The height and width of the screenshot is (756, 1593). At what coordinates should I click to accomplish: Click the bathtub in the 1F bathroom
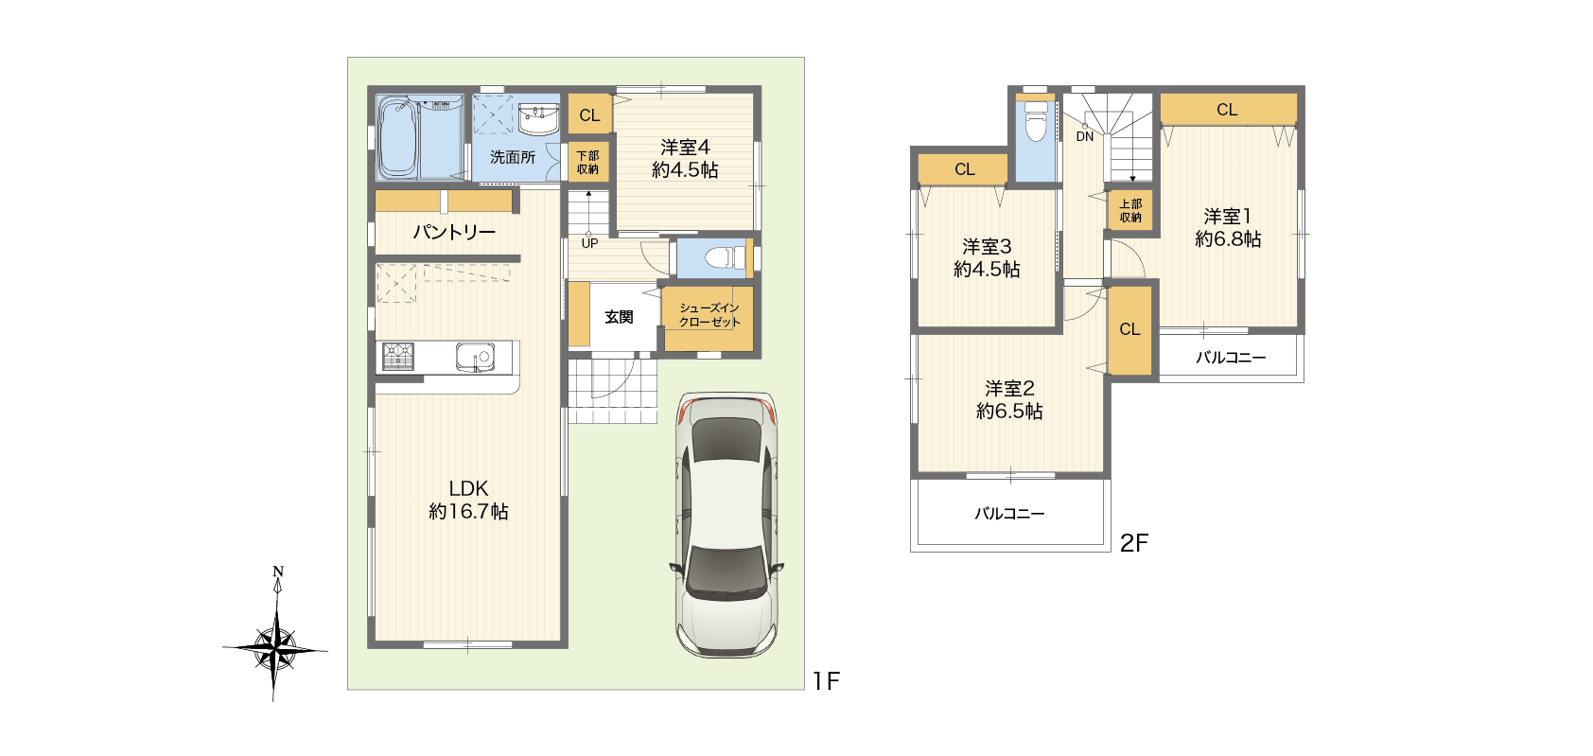coord(397,136)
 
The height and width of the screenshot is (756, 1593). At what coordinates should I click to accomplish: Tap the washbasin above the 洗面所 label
coord(537,118)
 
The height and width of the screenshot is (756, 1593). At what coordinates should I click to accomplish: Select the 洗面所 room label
coord(513,157)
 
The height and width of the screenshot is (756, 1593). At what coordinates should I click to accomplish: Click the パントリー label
coord(454,232)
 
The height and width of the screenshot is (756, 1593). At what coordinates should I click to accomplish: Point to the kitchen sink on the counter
coord(475,357)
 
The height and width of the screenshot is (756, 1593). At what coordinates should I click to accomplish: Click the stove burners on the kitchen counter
coord(397,357)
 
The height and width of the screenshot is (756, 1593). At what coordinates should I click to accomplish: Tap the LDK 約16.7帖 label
coord(468,500)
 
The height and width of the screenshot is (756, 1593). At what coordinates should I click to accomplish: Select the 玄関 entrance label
coord(619,317)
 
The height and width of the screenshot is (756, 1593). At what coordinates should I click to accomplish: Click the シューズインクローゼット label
coord(709,315)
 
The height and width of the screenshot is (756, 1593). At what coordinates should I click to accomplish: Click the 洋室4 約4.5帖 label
coord(685,159)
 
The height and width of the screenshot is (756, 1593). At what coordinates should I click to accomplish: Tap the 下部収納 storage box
coord(588,162)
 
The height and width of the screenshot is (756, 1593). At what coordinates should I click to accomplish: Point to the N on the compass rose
coord(278,571)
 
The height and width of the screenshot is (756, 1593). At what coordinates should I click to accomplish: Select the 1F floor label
coord(827,681)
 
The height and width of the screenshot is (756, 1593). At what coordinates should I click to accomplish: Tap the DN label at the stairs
coord(1084,136)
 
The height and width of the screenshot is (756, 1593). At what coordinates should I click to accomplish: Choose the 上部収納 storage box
coord(1130,210)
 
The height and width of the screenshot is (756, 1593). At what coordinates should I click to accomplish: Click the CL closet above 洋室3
coord(964,169)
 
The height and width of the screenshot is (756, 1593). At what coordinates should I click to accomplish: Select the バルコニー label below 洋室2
coord(1010,514)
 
